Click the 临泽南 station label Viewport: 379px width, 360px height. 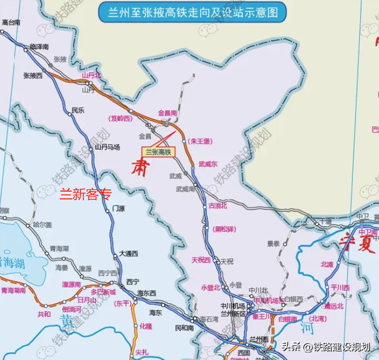(x=39, y=46)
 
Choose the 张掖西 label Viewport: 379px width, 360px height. (x=33, y=76)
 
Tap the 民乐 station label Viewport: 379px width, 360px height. (x=78, y=110)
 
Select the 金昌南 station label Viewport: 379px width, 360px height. (x=168, y=112)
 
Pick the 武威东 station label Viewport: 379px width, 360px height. (x=208, y=164)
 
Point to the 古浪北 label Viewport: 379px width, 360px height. (x=218, y=205)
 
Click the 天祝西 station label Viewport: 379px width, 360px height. (x=201, y=260)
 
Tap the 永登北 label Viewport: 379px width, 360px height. (x=211, y=288)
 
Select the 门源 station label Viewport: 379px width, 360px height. (x=119, y=209)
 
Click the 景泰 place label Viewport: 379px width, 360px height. (x=273, y=243)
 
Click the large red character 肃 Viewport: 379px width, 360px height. (x=138, y=164)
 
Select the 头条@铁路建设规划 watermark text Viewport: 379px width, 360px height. (x=326, y=347)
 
